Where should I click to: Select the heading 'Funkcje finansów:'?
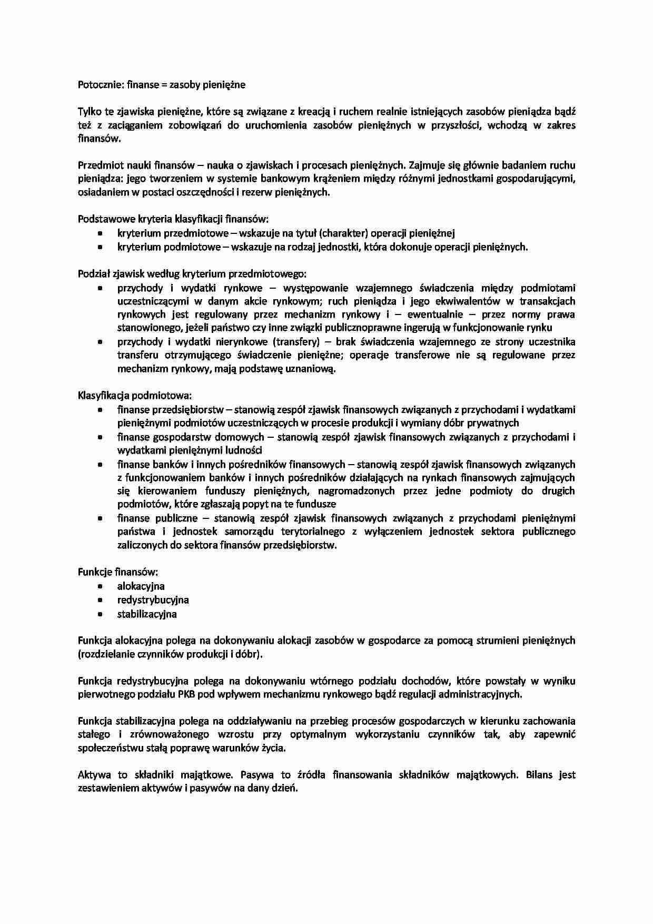click(118, 572)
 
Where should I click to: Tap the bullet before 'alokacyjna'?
click(100, 586)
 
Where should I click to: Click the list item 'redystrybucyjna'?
click(153, 600)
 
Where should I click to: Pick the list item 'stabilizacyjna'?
click(147, 614)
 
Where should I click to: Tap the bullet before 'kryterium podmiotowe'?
click(100, 247)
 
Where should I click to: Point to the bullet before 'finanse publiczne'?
click(100, 518)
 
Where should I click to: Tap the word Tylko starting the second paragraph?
click(89, 112)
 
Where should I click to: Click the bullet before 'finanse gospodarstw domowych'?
click(100, 437)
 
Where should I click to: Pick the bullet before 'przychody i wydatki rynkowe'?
click(100, 288)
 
